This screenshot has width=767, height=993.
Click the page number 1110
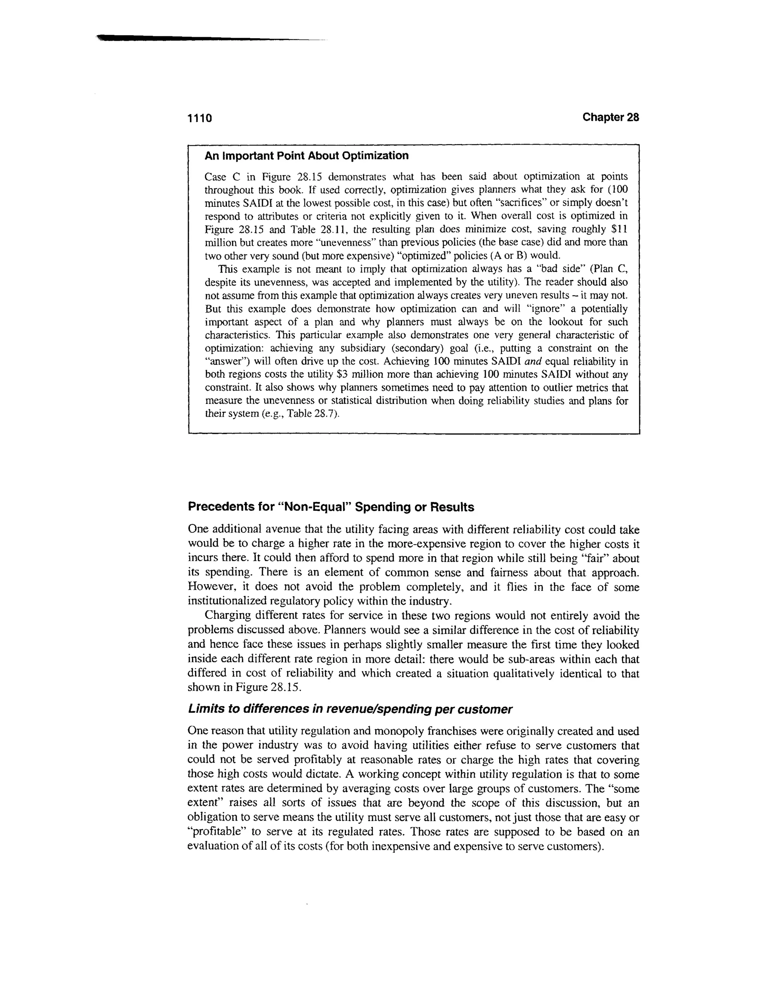pyautogui.click(x=200, y=118)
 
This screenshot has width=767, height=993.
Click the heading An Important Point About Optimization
pyautogui.click(x=306, y=156)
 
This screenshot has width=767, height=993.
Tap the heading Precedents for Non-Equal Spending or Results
pyautogui.click(x=331, y=507)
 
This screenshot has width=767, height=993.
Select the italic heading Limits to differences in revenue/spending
pyautogui.click(x=350, y=709)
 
